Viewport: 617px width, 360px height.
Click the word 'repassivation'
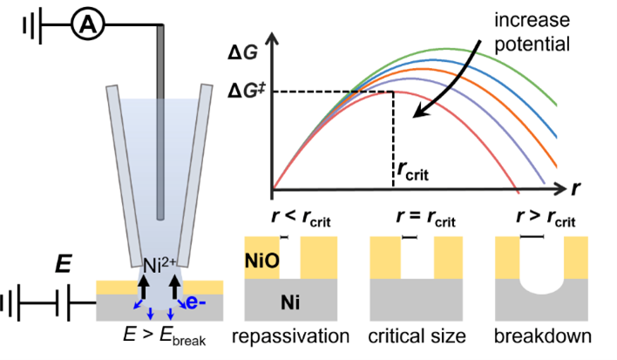[291, 336]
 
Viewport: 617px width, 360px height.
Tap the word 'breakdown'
[539, 336]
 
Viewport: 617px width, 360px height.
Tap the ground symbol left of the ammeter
[29, 27]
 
